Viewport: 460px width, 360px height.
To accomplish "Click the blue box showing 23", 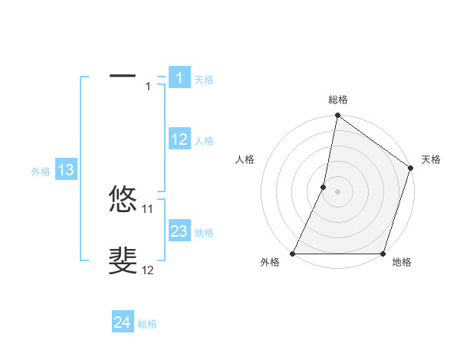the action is click(179, 231).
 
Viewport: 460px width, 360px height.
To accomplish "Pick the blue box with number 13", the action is click(66, 170).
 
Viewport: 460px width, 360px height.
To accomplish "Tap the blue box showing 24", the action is click(123, 322).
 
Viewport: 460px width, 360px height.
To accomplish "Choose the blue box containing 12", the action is click(179, 139).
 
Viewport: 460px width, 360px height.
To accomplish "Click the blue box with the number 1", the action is click(179, 78).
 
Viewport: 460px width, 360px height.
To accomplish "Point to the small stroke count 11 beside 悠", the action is click(148, 208).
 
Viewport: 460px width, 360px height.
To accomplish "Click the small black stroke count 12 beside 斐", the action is click(148, 270).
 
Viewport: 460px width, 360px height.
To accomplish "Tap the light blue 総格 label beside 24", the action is click(147, 324).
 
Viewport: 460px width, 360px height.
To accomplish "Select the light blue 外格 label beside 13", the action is click(41, 172).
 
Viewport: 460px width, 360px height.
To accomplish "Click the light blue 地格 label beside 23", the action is click(204, 233).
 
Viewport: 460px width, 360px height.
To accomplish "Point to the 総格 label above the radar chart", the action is click(338, 100).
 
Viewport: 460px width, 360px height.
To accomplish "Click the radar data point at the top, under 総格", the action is click(337, 116).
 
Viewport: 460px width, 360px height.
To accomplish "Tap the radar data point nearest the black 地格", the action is click(383, 254).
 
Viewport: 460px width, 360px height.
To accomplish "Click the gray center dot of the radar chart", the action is click(337, 191).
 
